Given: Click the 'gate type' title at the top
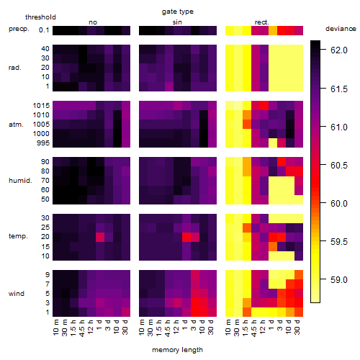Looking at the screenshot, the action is pyautogui.click(x=178, y=12).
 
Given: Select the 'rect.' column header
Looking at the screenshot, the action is pyautogui.click(x=262, y=22).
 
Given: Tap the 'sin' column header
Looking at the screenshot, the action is pyautogui.click(x=177, y=22).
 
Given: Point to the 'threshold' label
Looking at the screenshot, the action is pyautogui.click(x=40, y=17).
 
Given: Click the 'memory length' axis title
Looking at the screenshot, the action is pyautogui.click(x=177, y=350).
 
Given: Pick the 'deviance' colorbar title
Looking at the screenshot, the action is pyautogui.click(x=341, y=29).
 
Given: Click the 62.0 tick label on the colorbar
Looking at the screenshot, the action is pyautogui.click(x=339, y=50).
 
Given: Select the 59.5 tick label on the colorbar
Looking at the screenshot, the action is pyautogui.click(x=339, y=242).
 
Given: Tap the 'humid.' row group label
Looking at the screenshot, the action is pyautogui.click(x=20, y=181).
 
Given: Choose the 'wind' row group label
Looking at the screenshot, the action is pyautogui.click(x=17, y=294).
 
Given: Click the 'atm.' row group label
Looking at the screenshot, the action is pyautogui.click(x=16, y=125).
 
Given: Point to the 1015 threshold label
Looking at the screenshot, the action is pyautogui.click(x=41, y=106).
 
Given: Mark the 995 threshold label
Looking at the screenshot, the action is pyautogui.click(x=43, y=143).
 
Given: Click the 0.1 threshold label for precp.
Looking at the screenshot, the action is pyautogui.click(x=44, y=30).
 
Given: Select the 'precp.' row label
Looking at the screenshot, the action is pyautogui.click(x=19, y=29).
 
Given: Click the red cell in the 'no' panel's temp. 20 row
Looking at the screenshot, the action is pyautogui.click(x=100, y=237).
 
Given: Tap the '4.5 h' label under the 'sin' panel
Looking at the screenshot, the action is pyautogui.click(x=168, y=328).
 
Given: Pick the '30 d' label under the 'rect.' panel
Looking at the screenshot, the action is pyautogui.click(x=297, y=327).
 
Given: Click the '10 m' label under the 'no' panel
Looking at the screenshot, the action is pyautogui.click(x=55, y=328).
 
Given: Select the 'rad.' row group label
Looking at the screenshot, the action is pyautogui.click(x=15, y=68).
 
